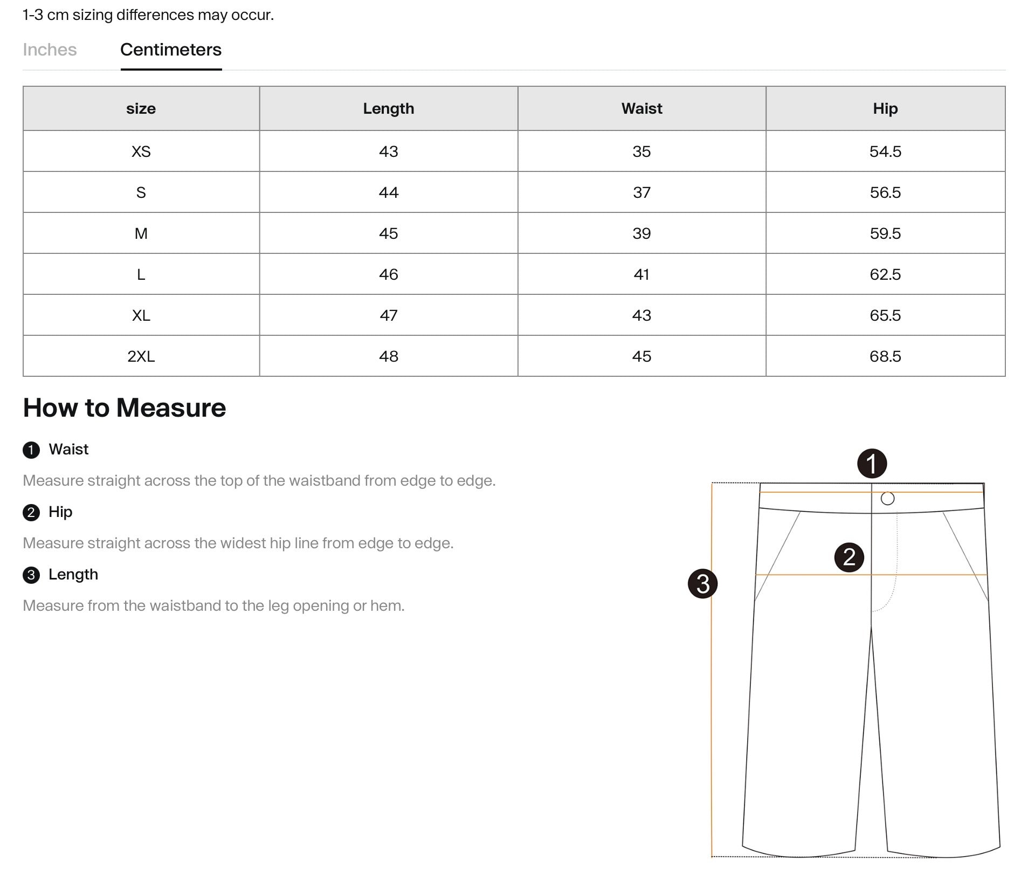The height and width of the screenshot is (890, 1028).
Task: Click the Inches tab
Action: pos(50,50)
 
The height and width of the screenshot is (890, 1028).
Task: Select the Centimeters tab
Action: pos(171,50)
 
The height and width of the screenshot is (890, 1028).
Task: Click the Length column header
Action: pos(388,108)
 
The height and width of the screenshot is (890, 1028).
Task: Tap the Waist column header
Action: pos(641,108)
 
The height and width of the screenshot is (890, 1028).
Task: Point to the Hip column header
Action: pos(885,108)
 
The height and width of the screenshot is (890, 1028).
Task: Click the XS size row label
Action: pos(141,151)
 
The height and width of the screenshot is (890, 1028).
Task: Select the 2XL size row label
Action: pos(141,356)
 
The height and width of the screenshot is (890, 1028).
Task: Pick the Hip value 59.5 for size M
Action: pos(885,233)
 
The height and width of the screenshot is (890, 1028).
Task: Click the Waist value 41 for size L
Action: pos(641,274)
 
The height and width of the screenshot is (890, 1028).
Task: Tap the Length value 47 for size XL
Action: pos(388,315)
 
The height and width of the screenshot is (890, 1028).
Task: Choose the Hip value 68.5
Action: pos(885,356)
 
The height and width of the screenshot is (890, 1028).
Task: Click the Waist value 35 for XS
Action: pos(641,151)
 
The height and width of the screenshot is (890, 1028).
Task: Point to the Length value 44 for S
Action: pos(388,192)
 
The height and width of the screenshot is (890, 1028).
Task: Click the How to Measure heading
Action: pos(125,408)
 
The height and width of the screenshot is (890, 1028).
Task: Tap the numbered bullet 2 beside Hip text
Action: pos(31,513)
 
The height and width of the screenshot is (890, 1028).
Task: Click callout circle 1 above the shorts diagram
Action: pos(872,464)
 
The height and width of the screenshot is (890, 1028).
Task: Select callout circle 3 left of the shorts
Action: pos(702,584)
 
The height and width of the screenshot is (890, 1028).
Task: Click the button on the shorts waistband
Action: pos(887,499)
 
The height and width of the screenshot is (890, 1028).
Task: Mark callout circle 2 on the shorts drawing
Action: pos(849,557)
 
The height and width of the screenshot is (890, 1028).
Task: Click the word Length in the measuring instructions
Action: pos(73,575)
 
